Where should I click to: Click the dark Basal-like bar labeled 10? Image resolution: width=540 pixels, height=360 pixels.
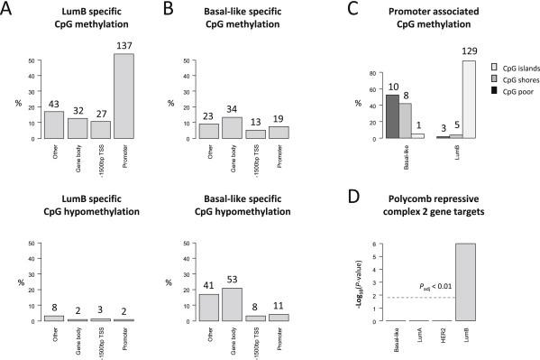[x=392, y=116]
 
